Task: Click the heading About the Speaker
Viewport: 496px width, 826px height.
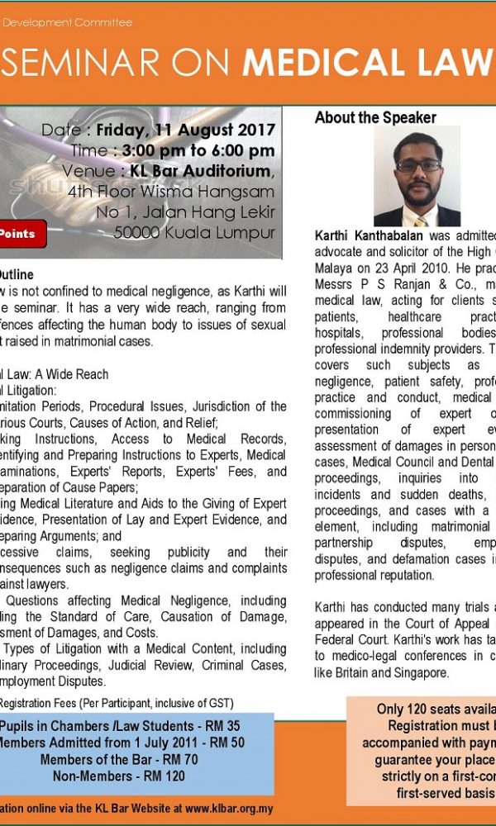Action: coord(375,118)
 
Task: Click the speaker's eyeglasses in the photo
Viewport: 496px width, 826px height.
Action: coord(419,165)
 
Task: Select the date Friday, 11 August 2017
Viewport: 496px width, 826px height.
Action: coord(185,130)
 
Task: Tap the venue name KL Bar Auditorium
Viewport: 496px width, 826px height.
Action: coord(200,171)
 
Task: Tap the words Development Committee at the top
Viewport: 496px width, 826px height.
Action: coord(70,22)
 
